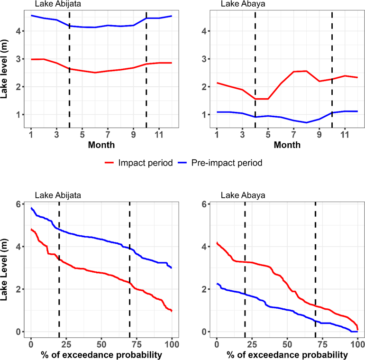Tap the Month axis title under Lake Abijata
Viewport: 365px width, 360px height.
coord(101,145)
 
